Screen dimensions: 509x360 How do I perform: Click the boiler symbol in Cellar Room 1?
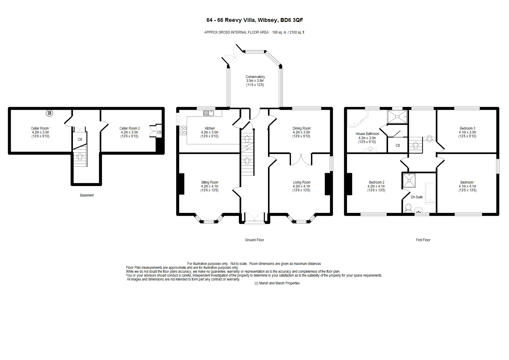(49, 113)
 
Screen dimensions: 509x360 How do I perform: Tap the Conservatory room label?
(255, 77)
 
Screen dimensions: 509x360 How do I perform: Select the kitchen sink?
(208, 113)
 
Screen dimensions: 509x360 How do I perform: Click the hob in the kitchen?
(183, 130)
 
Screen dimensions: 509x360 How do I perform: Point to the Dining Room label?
(302, 128)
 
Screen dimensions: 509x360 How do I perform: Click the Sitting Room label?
(209, 182)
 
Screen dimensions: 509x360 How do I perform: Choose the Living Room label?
(302, 182)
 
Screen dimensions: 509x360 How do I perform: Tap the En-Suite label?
(417, 197)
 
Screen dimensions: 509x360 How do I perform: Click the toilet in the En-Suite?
(408, 208)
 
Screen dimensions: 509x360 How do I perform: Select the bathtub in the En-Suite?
(430, 193)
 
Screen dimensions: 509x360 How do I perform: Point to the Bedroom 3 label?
(467, 128)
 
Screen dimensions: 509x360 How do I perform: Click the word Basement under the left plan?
(87, 195)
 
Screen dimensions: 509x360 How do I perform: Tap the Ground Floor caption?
(254, 240)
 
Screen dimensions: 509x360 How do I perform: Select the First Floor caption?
(423, 240)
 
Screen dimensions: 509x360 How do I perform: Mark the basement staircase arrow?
(80, 156)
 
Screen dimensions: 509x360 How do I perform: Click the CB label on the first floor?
(398, 145)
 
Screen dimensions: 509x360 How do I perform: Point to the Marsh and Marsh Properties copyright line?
(277, 283)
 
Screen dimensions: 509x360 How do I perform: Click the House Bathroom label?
(367, 134)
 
